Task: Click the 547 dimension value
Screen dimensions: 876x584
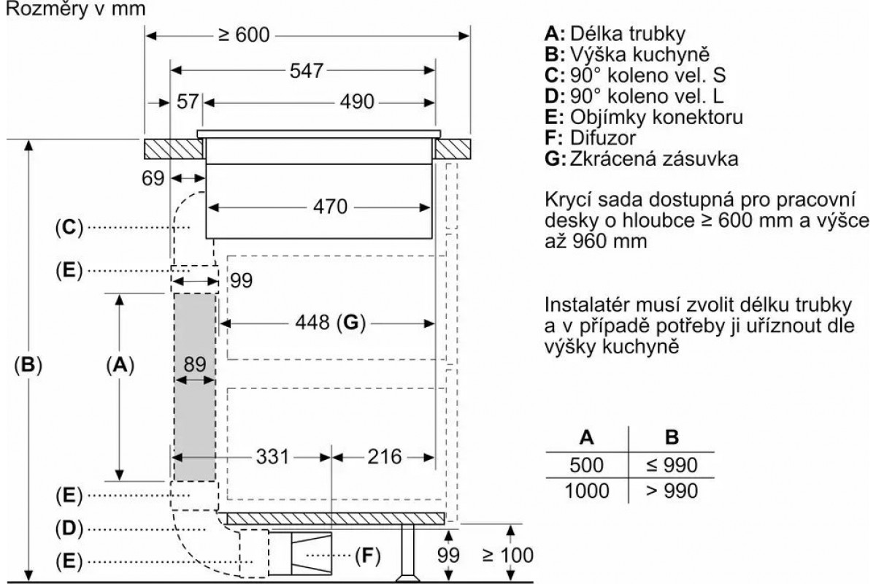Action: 306,71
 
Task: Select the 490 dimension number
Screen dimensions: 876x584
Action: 357,102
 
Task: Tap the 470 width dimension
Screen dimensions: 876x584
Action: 330,207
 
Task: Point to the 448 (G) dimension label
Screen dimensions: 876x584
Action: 331,323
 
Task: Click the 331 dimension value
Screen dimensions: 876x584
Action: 272,456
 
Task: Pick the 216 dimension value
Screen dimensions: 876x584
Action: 385,456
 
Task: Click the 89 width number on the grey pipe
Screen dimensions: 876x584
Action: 195,364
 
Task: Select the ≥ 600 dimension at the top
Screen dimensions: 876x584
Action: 244,35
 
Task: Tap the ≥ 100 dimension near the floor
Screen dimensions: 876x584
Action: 508,556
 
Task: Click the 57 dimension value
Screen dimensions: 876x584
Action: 188,101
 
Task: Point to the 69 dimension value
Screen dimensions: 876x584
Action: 153,178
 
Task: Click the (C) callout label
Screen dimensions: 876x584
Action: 69,227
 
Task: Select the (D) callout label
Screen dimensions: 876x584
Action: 69,529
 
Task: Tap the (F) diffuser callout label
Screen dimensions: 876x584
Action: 368,556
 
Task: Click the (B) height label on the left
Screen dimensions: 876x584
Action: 28,365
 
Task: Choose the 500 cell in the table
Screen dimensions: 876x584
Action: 587,465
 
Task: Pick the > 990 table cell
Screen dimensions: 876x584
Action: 672,491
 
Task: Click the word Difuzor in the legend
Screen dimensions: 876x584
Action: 603,138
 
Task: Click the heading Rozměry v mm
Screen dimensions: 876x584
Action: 75,9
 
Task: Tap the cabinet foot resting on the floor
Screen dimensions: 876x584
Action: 408,553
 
